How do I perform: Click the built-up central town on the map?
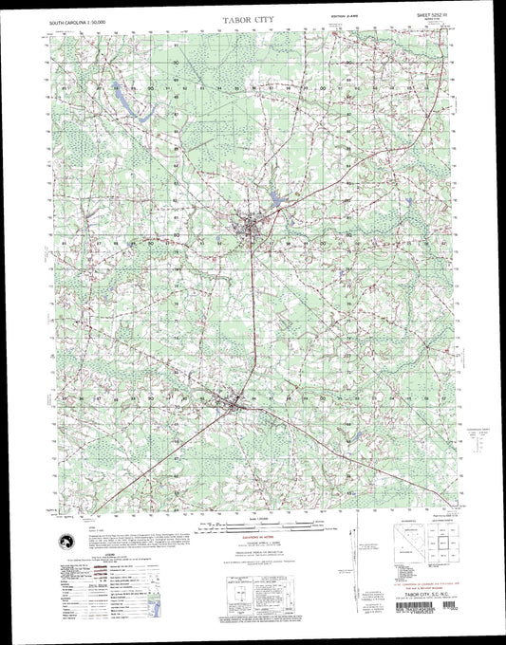[253, 229]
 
